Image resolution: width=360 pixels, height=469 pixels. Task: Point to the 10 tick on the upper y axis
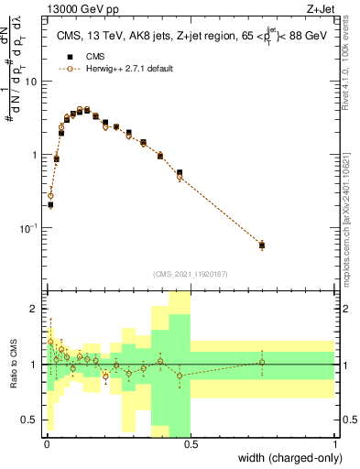(x=31, y=82)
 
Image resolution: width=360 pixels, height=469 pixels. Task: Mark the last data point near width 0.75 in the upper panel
(x=262, y=245)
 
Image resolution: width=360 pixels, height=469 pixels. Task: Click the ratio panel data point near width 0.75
(x=262, y=362)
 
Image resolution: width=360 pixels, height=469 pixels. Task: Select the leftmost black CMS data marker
(x=50, y=205)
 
